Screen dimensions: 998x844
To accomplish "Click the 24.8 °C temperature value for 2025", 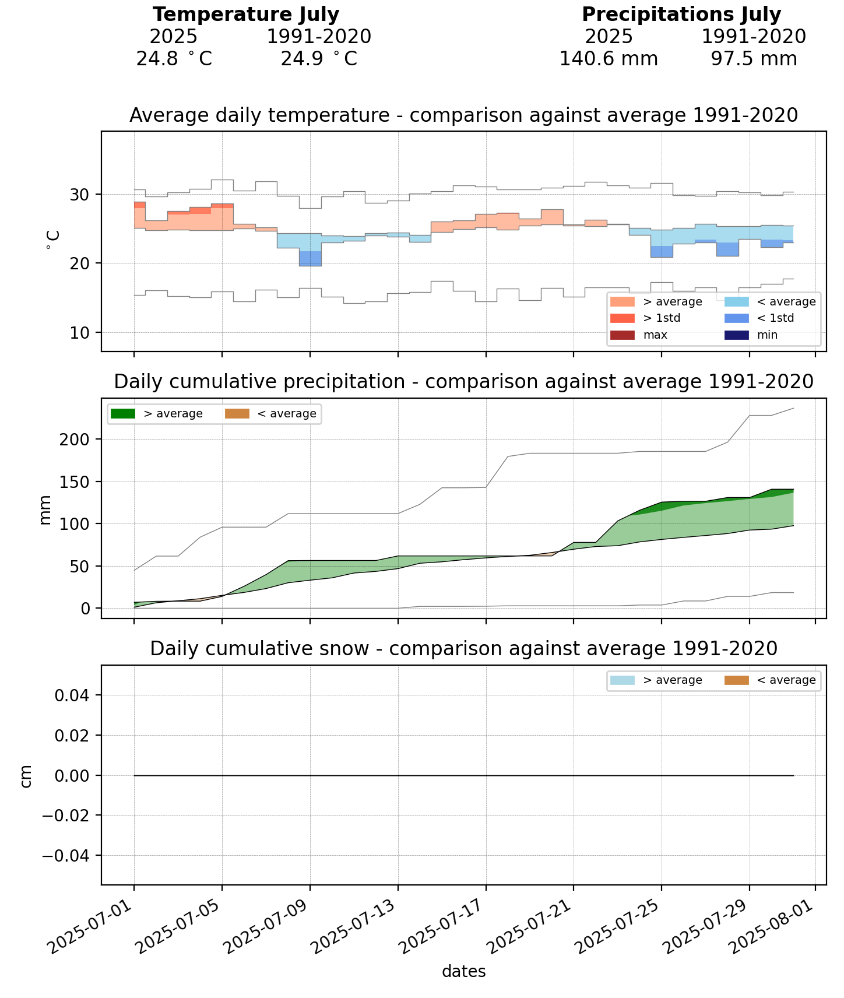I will tap(174, 59).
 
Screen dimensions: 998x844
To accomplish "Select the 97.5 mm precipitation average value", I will tap(754, 59).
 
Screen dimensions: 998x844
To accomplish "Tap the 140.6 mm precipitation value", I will tap(609, 59).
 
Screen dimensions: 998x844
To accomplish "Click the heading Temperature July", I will tap(245, 14).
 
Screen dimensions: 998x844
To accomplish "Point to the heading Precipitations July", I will tap(681, 14).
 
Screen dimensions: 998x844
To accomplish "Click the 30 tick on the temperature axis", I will tap(75, 195).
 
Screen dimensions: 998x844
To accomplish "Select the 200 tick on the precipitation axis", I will tap(75, 439).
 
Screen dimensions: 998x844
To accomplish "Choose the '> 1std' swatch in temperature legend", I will tap(622, 318).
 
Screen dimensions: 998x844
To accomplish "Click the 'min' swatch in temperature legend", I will tap(736, 335).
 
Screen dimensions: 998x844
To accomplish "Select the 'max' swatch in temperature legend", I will tap(622, 335).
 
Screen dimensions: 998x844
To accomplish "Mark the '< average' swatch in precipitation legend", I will tap(237, 414).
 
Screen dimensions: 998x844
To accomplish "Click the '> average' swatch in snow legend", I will tap(622, 680).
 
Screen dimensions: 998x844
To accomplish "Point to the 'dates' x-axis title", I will tap(463, 971).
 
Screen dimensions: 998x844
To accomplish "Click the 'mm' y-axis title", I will tap(45, 509).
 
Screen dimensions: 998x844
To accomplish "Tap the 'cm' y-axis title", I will tap(26, 776).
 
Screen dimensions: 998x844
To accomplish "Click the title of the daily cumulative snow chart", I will tap(463, 649).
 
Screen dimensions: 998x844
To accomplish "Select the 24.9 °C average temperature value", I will tap(318, 59).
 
